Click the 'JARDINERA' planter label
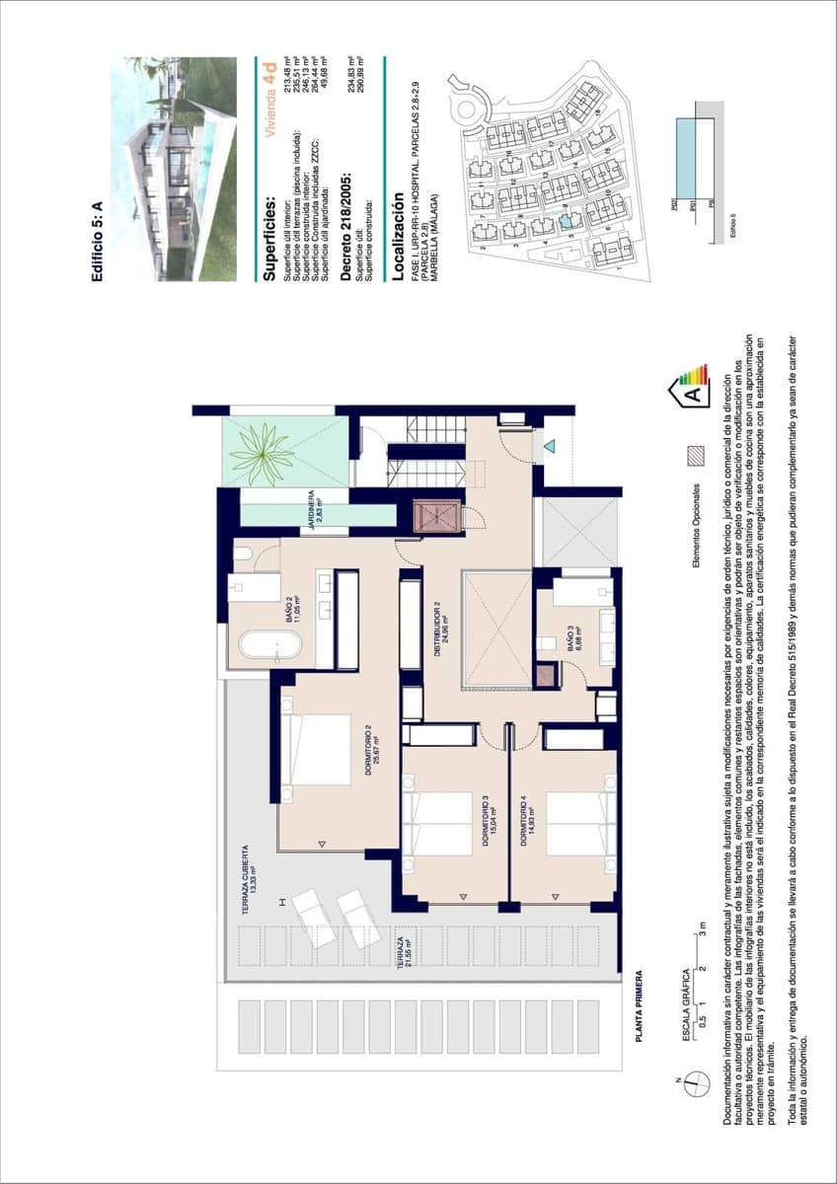[313, 511]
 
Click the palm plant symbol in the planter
[262, 453]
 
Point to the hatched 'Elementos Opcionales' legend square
[696, 454]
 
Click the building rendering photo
[181, 168]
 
